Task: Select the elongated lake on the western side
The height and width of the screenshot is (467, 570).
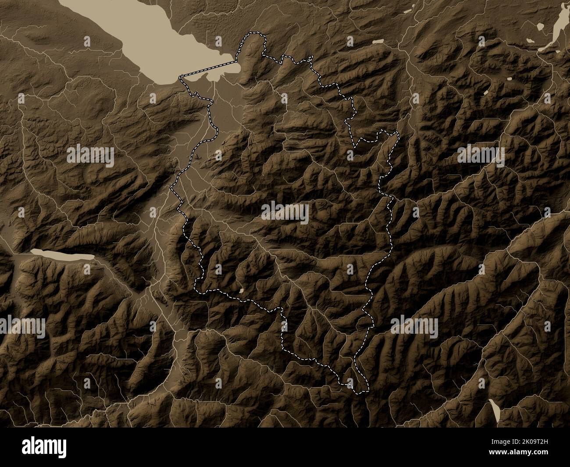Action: point(61,254)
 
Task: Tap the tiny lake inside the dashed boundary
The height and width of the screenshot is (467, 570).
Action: point(241,290)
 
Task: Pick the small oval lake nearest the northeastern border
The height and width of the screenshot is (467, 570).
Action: point(378,42)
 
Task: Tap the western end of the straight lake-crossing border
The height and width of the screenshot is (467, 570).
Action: point(181,77)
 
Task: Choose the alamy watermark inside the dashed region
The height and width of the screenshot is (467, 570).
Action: point(285,214)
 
